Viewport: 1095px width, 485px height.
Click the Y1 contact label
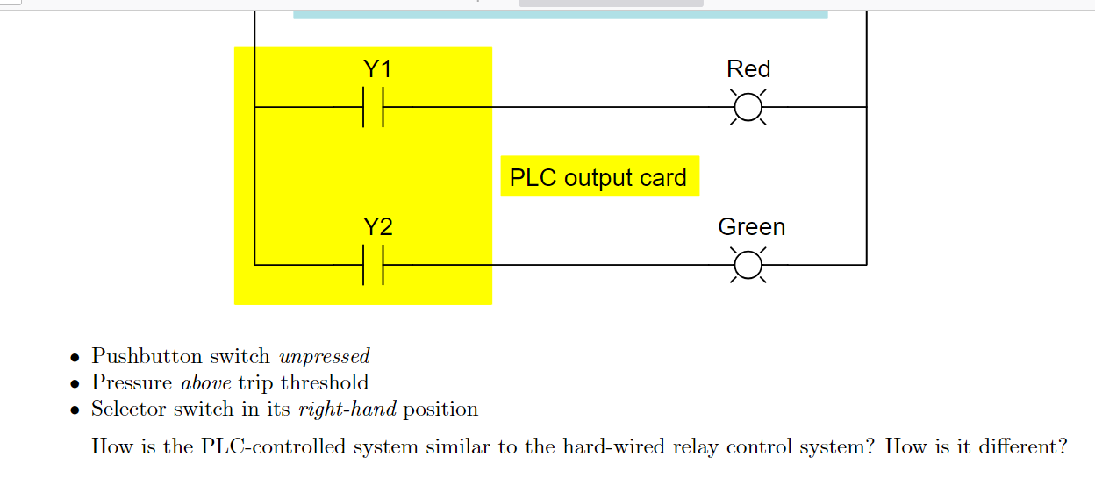click(x=377, y=69)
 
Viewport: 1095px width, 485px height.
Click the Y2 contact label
click(x=377, y=227)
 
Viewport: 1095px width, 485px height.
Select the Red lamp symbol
click(x=748, y=107)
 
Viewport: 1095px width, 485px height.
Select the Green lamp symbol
click(x=748, y=264)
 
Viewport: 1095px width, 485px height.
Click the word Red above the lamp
click(x=748, y=69)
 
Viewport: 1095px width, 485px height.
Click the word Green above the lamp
click(x=751, y=227)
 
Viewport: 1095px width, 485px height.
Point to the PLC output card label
click(x=598, y=177)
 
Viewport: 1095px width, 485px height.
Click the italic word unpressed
click(x=324, y=357)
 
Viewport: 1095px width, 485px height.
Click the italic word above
click(x=206, y=383)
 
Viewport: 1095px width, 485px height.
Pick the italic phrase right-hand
click(x=347, y=410)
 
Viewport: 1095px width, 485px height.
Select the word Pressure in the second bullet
click(x=132, y=383)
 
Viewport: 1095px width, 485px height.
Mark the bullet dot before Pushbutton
click(x=75, y=358)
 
